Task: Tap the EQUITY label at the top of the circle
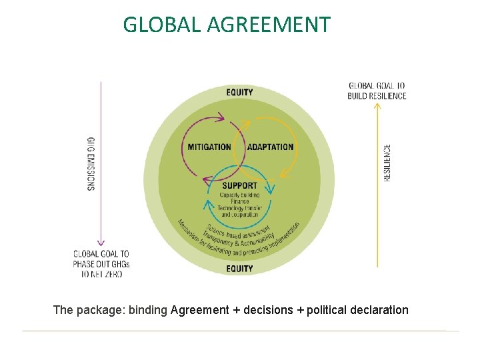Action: pos(239,92)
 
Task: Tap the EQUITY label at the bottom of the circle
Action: pos(239,269)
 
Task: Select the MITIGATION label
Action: pos(209,147)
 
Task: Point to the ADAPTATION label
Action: pos(270,147)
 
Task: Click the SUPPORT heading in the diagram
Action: pos(239,185)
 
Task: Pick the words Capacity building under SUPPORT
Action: pos(239,194)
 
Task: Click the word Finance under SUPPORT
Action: pos(239,201)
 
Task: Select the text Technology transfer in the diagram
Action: pos(239,208)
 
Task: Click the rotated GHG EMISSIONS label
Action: pos(91,164)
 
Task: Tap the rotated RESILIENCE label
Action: pos(387,163)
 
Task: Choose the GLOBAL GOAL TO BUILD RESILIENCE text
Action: pos(377,91)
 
